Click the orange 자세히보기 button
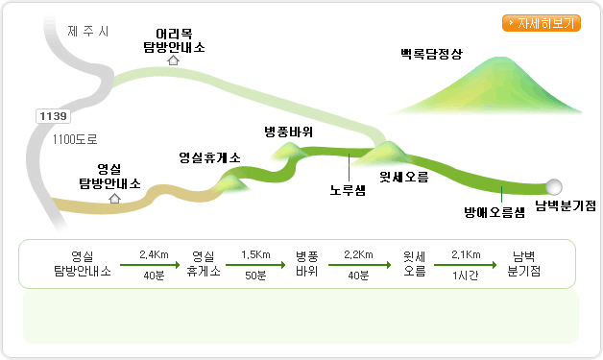(x=542, y=23)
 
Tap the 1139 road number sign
(x=53, y=116)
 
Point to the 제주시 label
(x=88, y=31)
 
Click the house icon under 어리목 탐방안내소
(x=174, y=60)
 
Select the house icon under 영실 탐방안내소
(x=114, y=199)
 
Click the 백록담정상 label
(x=431, y=54)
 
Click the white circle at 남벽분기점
(x=554, y=187)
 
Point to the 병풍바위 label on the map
(x=289, y=132)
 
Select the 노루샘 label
(x=348, y=190)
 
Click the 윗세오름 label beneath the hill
(x=404, y=177)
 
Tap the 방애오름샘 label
(x=494, y=212)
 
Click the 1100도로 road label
(x=75, y=139)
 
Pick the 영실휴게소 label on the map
(x=209, y=157)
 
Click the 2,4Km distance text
(x=154, y=254)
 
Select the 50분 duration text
(x=255, y=276)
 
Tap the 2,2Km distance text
(x=358, y=254)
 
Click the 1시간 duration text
(x=466, y=276)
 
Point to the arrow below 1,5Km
(x=255, y=265)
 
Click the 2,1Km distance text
(x=466, y=254)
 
